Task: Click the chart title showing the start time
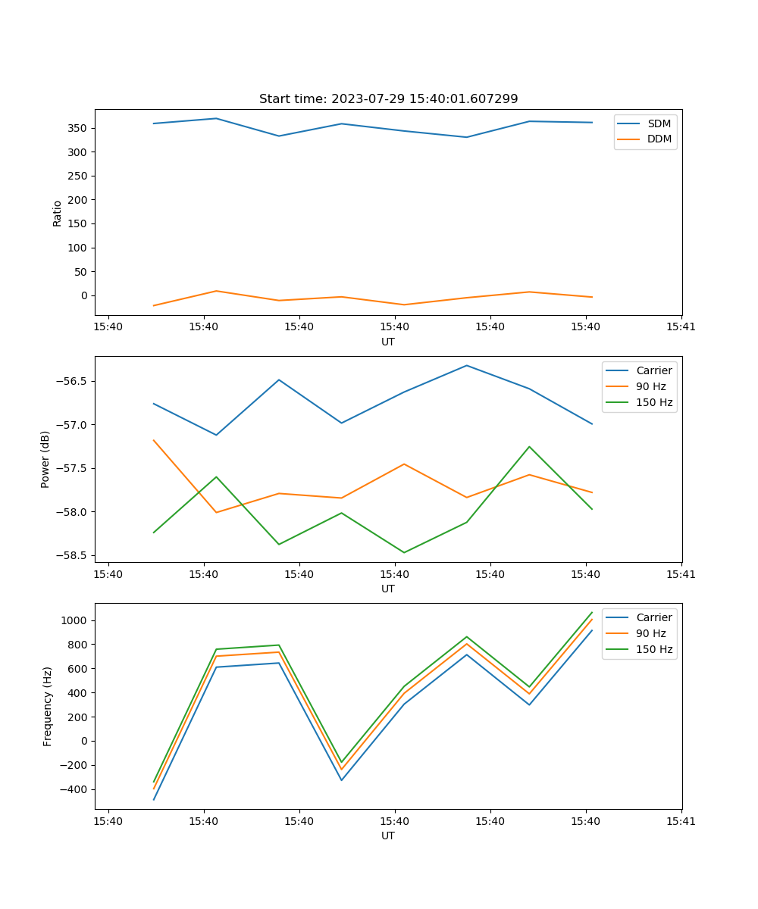(x=388, y=99)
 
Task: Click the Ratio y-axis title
(x=58, y=213)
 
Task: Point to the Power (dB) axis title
(x=45, y=459)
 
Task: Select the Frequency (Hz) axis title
(x=48, y=706)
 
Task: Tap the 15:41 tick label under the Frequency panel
(x=681, y=821)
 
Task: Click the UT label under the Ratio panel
(x=388, y=342)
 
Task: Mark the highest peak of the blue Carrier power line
(x=466, y=365)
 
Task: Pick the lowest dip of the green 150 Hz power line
(x=404, y=552)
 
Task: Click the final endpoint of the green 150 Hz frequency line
(x=592, y=612)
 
